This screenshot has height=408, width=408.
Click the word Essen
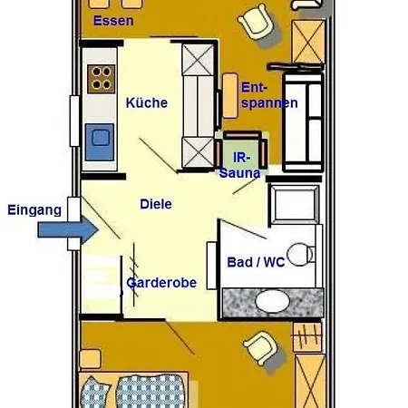point(113,20)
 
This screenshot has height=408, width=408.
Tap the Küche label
point(147,102)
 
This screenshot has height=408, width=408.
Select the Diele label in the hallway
point(156,204)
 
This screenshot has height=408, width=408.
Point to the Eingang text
point(34,209)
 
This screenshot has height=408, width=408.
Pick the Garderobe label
point(161,282)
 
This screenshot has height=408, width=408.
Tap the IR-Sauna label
point(240,164)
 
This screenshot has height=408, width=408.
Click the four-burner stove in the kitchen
point(102,79)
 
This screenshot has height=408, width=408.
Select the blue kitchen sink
point(101,138)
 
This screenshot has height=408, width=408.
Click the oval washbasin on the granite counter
point(272,300)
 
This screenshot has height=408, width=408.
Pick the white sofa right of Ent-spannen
point(304,122)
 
